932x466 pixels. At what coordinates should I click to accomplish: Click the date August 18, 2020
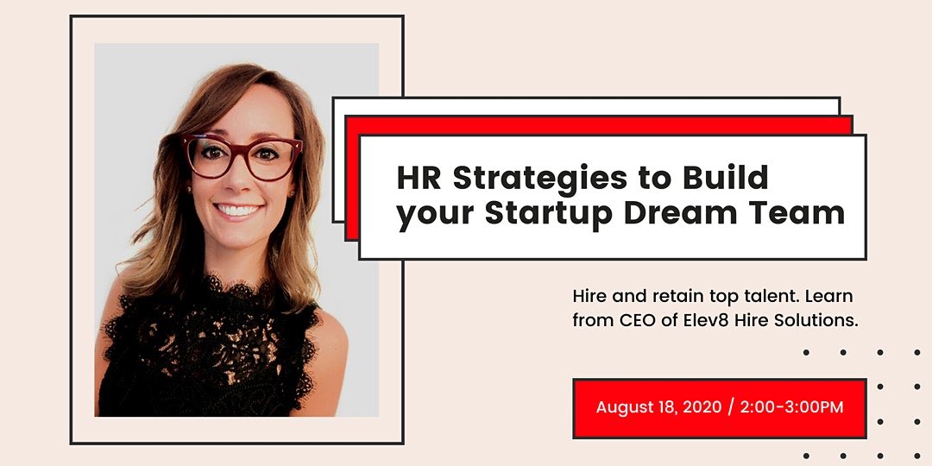658,406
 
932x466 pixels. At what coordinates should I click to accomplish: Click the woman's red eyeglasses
241,156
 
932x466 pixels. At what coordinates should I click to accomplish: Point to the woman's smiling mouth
237,210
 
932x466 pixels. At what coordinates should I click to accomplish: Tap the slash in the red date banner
731,406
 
